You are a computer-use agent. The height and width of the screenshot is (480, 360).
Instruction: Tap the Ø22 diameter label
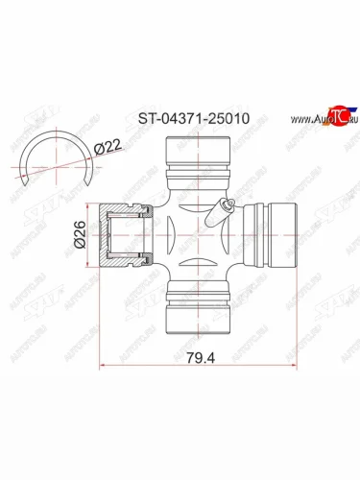(x=107, y=147)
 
